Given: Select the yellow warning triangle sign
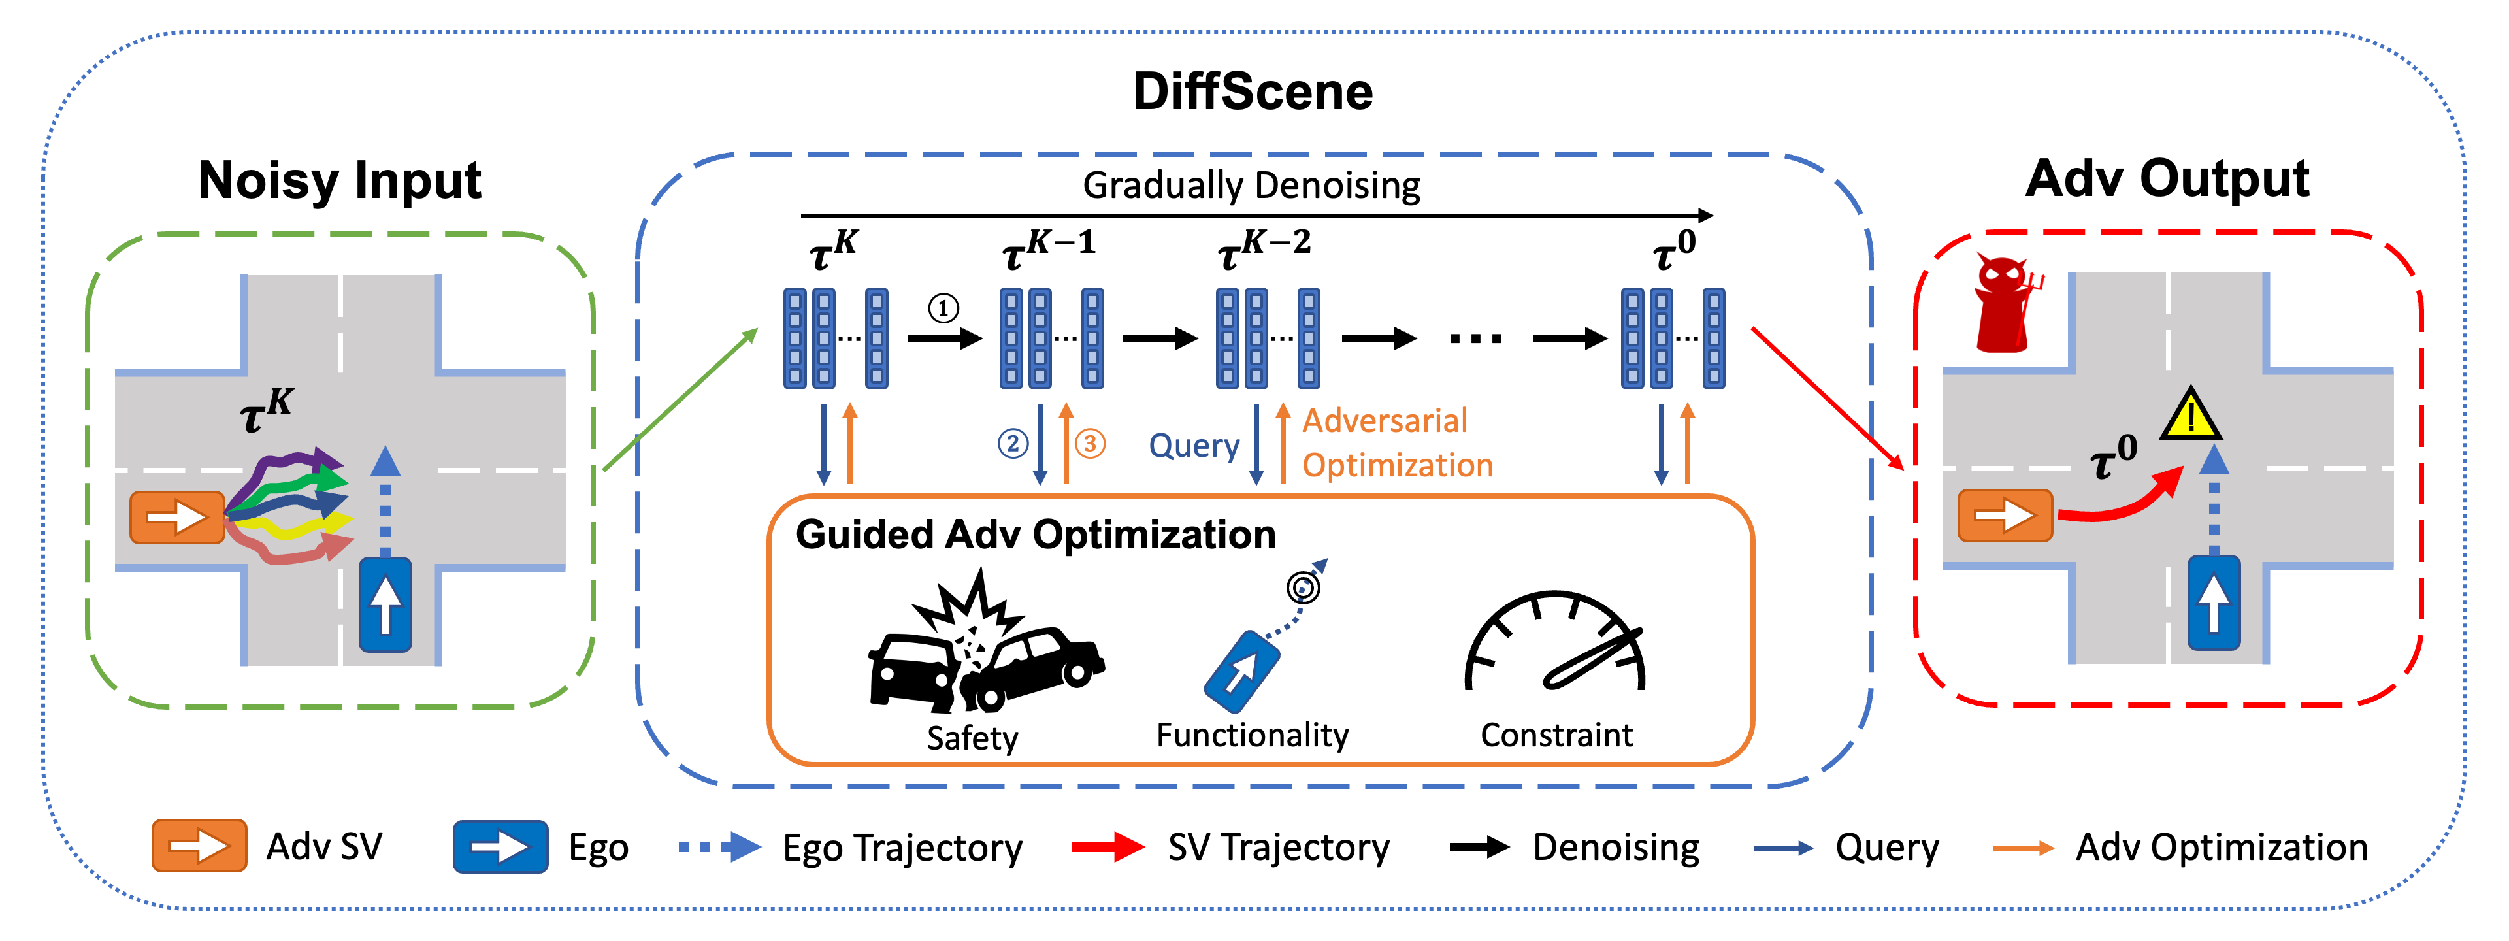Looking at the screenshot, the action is (2191, 414).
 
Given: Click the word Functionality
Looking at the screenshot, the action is (1253, 735).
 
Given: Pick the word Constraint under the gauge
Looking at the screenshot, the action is (1556, 735).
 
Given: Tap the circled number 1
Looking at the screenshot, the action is (943, 309).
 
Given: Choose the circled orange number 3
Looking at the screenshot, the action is (1090, 444).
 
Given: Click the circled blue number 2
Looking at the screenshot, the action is (1013, 444).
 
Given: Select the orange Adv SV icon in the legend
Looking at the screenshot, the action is (199, 846).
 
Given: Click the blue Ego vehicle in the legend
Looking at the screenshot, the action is (500, 846).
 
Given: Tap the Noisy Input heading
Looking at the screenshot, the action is (340, 180).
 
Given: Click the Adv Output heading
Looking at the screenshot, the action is (2167, 178).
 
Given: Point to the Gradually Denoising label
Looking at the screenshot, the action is (1252, 185).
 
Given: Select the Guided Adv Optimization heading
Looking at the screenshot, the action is (1036, 535).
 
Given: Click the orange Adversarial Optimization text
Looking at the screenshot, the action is (1398, 443).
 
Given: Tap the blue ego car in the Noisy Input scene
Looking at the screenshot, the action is (385, 604).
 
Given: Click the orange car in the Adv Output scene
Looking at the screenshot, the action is (2005, 516).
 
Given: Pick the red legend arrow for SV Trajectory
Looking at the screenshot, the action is (1108, 846).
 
